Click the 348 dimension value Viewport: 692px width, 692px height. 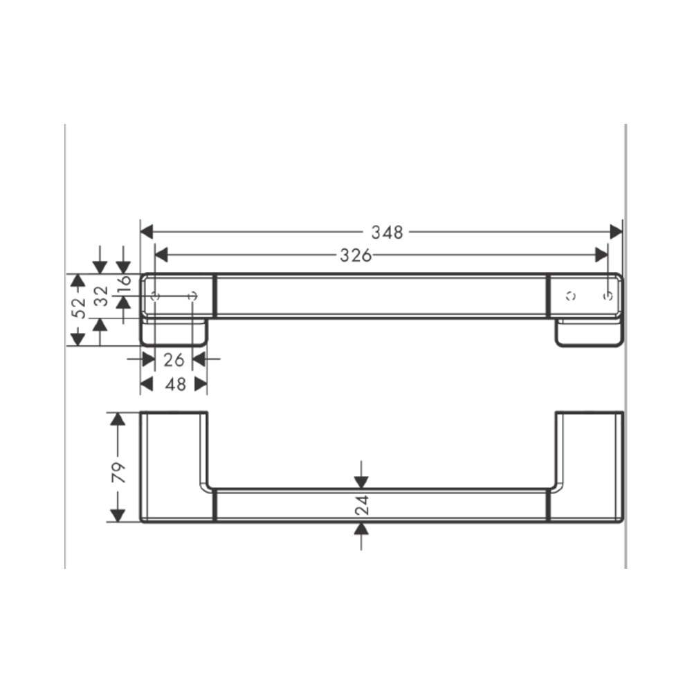click(x=387, y=232)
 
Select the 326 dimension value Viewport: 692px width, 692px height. click(x=356, y=255)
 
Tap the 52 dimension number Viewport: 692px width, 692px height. click(x=79, y=308)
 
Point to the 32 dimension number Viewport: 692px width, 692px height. click(x=102, y=296)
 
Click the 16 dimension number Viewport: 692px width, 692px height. click(x=125, y=281)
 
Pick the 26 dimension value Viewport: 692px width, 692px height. click(x=174, y=360)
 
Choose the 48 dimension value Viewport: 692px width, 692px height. click(x=175, y=384)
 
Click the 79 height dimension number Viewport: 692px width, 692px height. click(x=118, y=472)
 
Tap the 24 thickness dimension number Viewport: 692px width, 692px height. click(x=362, y=505)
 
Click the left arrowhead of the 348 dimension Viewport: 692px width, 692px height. click(x=147, y=231)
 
